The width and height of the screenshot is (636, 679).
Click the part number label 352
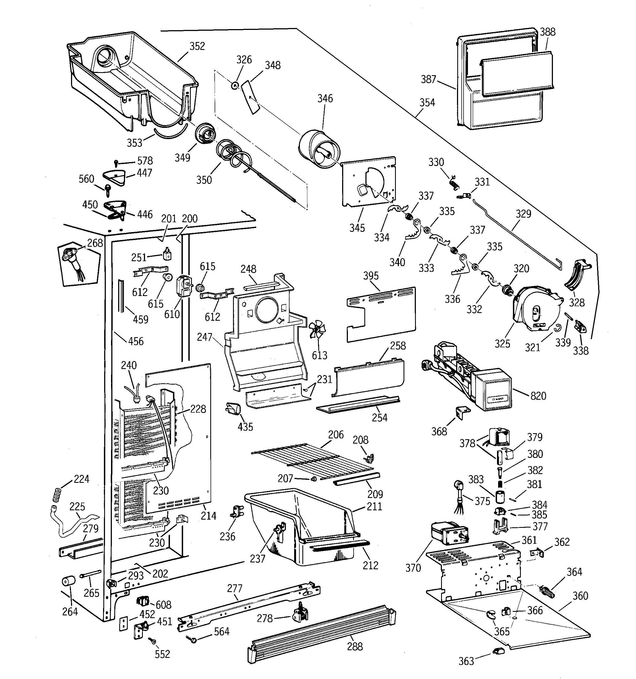[197, 46]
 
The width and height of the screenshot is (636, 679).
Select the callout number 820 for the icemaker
[538, 396]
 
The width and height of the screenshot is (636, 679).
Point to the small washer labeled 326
[235, 85]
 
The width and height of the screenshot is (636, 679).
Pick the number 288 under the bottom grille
[355, 647]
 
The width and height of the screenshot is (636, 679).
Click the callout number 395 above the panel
[371, 276]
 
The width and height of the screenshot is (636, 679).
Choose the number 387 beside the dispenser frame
[428, 79]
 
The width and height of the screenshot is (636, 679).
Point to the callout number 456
[136, 341]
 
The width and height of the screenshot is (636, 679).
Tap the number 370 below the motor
[413, 568]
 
